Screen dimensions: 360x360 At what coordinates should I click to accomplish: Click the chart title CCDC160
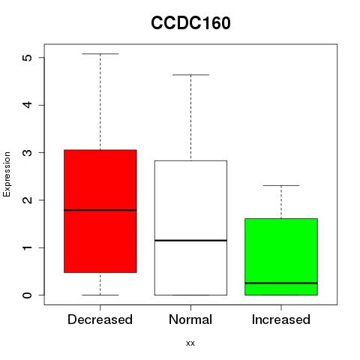tap(190, 23)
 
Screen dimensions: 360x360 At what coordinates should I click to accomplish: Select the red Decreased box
tap(100, 211)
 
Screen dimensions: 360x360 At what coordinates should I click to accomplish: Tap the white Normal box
tap(190, 228)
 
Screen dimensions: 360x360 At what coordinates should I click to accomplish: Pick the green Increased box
tap(281, 256)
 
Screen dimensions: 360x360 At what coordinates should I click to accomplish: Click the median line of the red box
tap(100, 210)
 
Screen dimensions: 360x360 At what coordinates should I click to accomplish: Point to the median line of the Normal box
tap(190, 241)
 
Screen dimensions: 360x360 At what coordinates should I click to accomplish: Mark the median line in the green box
tap(281, 283)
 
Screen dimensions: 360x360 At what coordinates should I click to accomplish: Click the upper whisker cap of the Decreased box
tap(100, 54)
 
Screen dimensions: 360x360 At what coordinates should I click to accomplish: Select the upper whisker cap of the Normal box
tap(190, 75)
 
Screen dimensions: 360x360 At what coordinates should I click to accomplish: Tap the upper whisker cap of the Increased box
tap(281, 185)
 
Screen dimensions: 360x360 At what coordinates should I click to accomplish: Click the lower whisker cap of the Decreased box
tap(100, 295)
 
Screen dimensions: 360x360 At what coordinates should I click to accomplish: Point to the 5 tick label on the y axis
tap(28, 58)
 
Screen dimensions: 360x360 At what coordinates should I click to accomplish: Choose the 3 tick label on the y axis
tap(28, 152)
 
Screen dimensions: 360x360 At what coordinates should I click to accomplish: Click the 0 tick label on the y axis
tap(28, 295)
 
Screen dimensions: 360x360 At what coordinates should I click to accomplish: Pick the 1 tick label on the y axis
tap(28, 247)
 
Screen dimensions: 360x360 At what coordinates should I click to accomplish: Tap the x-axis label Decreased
tap(100, 319)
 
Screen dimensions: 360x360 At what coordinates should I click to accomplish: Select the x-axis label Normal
tap(190, 319)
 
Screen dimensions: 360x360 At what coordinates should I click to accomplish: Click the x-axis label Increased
tap(281, 319)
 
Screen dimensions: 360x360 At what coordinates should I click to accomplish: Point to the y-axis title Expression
tap(7, 174)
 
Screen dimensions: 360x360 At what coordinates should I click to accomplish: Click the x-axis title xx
tap(190, 343)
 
